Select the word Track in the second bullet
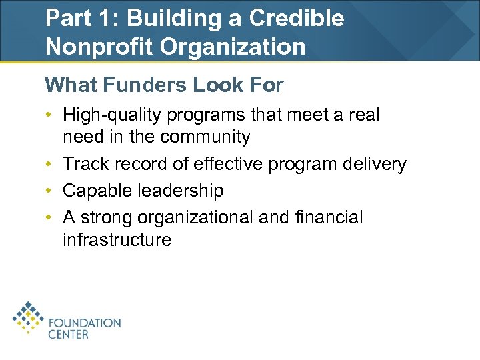[83, 165]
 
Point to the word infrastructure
[117, 240]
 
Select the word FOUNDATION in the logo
[84, 323]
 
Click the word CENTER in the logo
[68, 334]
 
